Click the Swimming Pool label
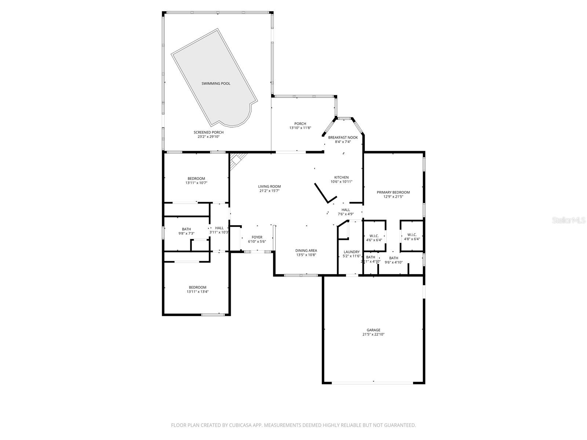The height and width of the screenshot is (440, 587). point(216,84)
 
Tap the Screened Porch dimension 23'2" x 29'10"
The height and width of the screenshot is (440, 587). point(208,137)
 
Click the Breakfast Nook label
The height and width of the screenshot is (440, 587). point(343,137)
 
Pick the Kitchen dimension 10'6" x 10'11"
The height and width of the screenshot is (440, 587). point(341,181)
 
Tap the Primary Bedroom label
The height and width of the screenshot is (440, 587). point(393,192)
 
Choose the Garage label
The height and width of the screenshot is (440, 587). point(373,330)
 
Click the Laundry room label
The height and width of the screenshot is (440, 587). point(351,252)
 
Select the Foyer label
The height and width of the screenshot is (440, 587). point(257,237)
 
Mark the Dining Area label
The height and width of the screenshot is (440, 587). point(306,250)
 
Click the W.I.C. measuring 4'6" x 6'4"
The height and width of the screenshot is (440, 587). point(374,236)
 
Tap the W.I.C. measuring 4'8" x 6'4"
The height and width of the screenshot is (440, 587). point(412,235)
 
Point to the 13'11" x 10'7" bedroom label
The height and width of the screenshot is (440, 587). point(197,179)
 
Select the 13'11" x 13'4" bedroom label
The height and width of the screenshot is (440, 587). point(197,287)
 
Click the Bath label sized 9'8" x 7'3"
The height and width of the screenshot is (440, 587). point(186,229)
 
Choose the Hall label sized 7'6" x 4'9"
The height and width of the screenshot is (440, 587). point(346,210)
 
